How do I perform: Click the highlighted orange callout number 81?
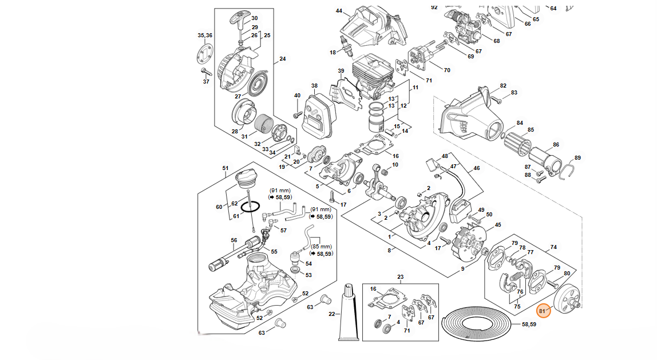point(543,311)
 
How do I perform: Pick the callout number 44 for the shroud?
point(339,11)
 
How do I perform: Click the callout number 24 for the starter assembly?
point(282,59)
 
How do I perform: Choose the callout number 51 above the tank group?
point(225,168)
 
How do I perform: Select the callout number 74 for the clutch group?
point(553,247)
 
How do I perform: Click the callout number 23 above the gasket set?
point(401,277)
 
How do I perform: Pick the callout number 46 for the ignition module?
point(476,169)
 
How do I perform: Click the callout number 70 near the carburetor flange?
point(447,70)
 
